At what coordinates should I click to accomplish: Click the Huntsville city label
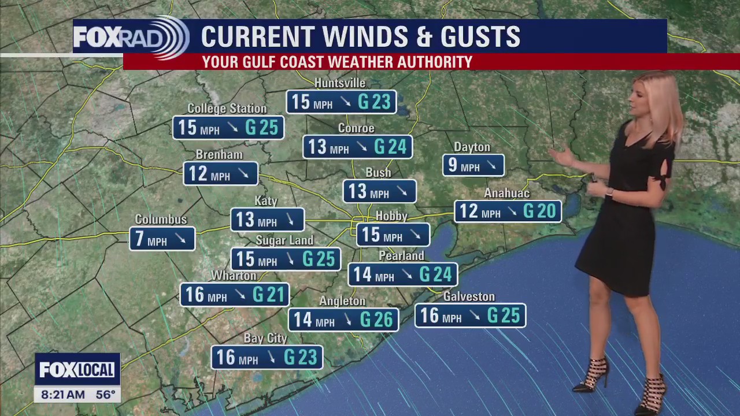[340, 83]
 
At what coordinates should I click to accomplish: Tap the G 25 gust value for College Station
[261, 128]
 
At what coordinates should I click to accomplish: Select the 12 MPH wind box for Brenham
[220, 174]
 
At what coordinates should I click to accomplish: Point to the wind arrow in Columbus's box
[180, 239]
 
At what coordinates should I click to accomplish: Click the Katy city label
[266, 201]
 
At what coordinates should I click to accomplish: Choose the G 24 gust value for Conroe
[390, 147]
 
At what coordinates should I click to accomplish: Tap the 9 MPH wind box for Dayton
[473, 166]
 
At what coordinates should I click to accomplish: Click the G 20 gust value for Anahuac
[539, 211]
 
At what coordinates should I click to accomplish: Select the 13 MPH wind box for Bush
[379, 191]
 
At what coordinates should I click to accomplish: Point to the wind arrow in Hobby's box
[415, 235]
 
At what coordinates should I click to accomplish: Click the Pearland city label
[401, 255]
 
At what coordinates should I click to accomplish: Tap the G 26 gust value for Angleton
[376, 320]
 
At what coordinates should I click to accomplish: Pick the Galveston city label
[469, 296]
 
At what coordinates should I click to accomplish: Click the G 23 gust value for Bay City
[300, 358]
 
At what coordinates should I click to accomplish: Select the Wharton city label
[234, 276]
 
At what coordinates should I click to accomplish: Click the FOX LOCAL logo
[77, 369]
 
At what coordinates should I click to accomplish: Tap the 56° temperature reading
[106, 395]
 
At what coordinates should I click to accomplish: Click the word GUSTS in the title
[480, 37]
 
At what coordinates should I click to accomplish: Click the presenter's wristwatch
[609, 193]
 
